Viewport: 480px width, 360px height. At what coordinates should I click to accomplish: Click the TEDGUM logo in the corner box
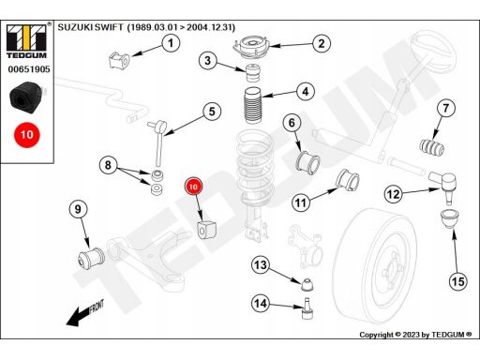[26, 41]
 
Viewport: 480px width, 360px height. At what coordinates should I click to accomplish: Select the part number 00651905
[29, 69]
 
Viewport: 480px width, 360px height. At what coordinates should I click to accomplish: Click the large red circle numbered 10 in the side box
[26, 135]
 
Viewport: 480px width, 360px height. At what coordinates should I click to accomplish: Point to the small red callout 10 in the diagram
[193, 187]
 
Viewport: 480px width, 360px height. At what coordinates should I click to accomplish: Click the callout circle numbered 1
[171, 43]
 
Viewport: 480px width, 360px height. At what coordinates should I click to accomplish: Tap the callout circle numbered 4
[306, 91]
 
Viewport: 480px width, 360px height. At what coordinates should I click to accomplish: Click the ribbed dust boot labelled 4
[253, 106]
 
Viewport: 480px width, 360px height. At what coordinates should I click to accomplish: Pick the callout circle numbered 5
[212, 112]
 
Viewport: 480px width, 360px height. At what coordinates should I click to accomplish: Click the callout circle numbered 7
[445, 108]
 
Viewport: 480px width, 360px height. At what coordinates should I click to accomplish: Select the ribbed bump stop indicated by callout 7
[432, 147]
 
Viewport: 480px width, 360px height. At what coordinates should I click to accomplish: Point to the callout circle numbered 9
[78, 209]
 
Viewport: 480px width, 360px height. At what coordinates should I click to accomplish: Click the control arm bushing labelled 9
[91, 257]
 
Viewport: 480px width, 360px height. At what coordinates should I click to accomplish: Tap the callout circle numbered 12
[393, 194]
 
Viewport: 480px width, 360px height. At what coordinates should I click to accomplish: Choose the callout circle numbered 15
[458, 281]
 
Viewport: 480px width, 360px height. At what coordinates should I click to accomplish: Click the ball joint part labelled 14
[307, 308]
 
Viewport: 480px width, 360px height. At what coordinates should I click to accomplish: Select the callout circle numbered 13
[261, 265]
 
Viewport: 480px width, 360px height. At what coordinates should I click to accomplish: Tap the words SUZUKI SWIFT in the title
[91, 27]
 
